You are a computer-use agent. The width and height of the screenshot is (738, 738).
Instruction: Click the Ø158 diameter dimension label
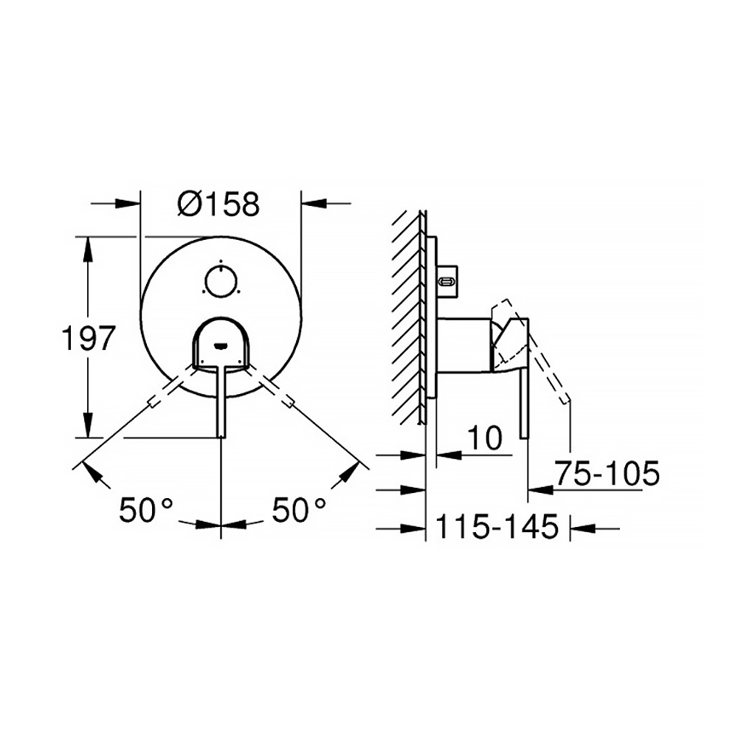point(218,204)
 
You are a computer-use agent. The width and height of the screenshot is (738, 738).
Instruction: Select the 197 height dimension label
point(89,338)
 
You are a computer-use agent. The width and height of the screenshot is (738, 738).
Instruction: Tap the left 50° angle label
point(146,510)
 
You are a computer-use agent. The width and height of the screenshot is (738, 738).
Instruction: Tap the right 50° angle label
point(299,510)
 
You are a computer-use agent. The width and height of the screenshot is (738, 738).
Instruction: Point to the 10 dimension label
point(485,438)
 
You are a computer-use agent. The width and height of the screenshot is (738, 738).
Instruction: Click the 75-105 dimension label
point(607,473)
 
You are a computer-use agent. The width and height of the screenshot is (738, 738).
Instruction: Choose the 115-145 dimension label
point(497,526)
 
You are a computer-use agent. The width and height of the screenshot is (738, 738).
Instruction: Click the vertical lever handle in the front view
point(221,400)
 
